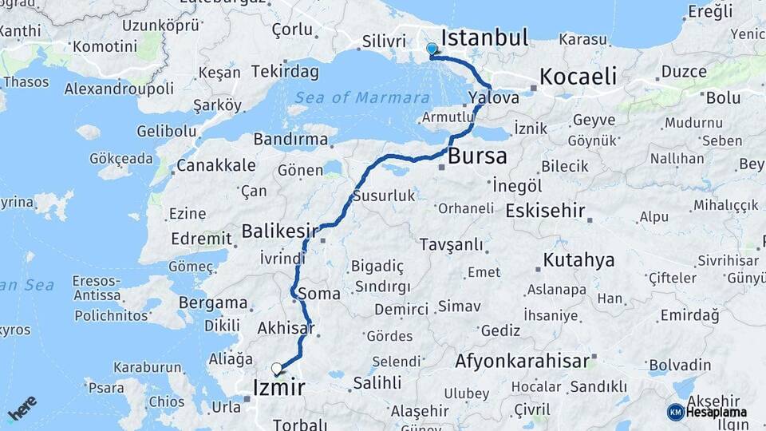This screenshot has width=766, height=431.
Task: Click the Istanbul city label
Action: click(484, 38)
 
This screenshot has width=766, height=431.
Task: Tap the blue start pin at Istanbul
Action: click(432, 49)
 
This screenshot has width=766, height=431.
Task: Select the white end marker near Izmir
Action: click(277, 368)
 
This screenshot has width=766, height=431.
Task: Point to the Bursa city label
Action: click(477, 156)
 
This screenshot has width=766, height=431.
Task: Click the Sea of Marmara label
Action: click(362, 97)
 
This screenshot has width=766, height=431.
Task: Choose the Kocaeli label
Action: click(578, 77)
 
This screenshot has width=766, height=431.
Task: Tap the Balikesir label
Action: click(274, 231)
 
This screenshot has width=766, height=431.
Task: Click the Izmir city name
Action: click(278, 388)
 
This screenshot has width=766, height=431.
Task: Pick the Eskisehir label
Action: click(545, 212)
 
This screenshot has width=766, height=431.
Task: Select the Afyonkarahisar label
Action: click(522, 361)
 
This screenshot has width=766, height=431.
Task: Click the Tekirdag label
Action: click(285, 72)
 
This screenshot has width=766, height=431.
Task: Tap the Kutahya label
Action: click(578, 260)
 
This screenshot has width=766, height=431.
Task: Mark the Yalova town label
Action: click(494, 97)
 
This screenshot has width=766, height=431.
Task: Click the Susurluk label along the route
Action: click(384, 196)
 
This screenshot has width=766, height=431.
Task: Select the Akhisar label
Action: click(285, 327)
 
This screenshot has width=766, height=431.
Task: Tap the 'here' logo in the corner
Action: click(22, 407)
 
